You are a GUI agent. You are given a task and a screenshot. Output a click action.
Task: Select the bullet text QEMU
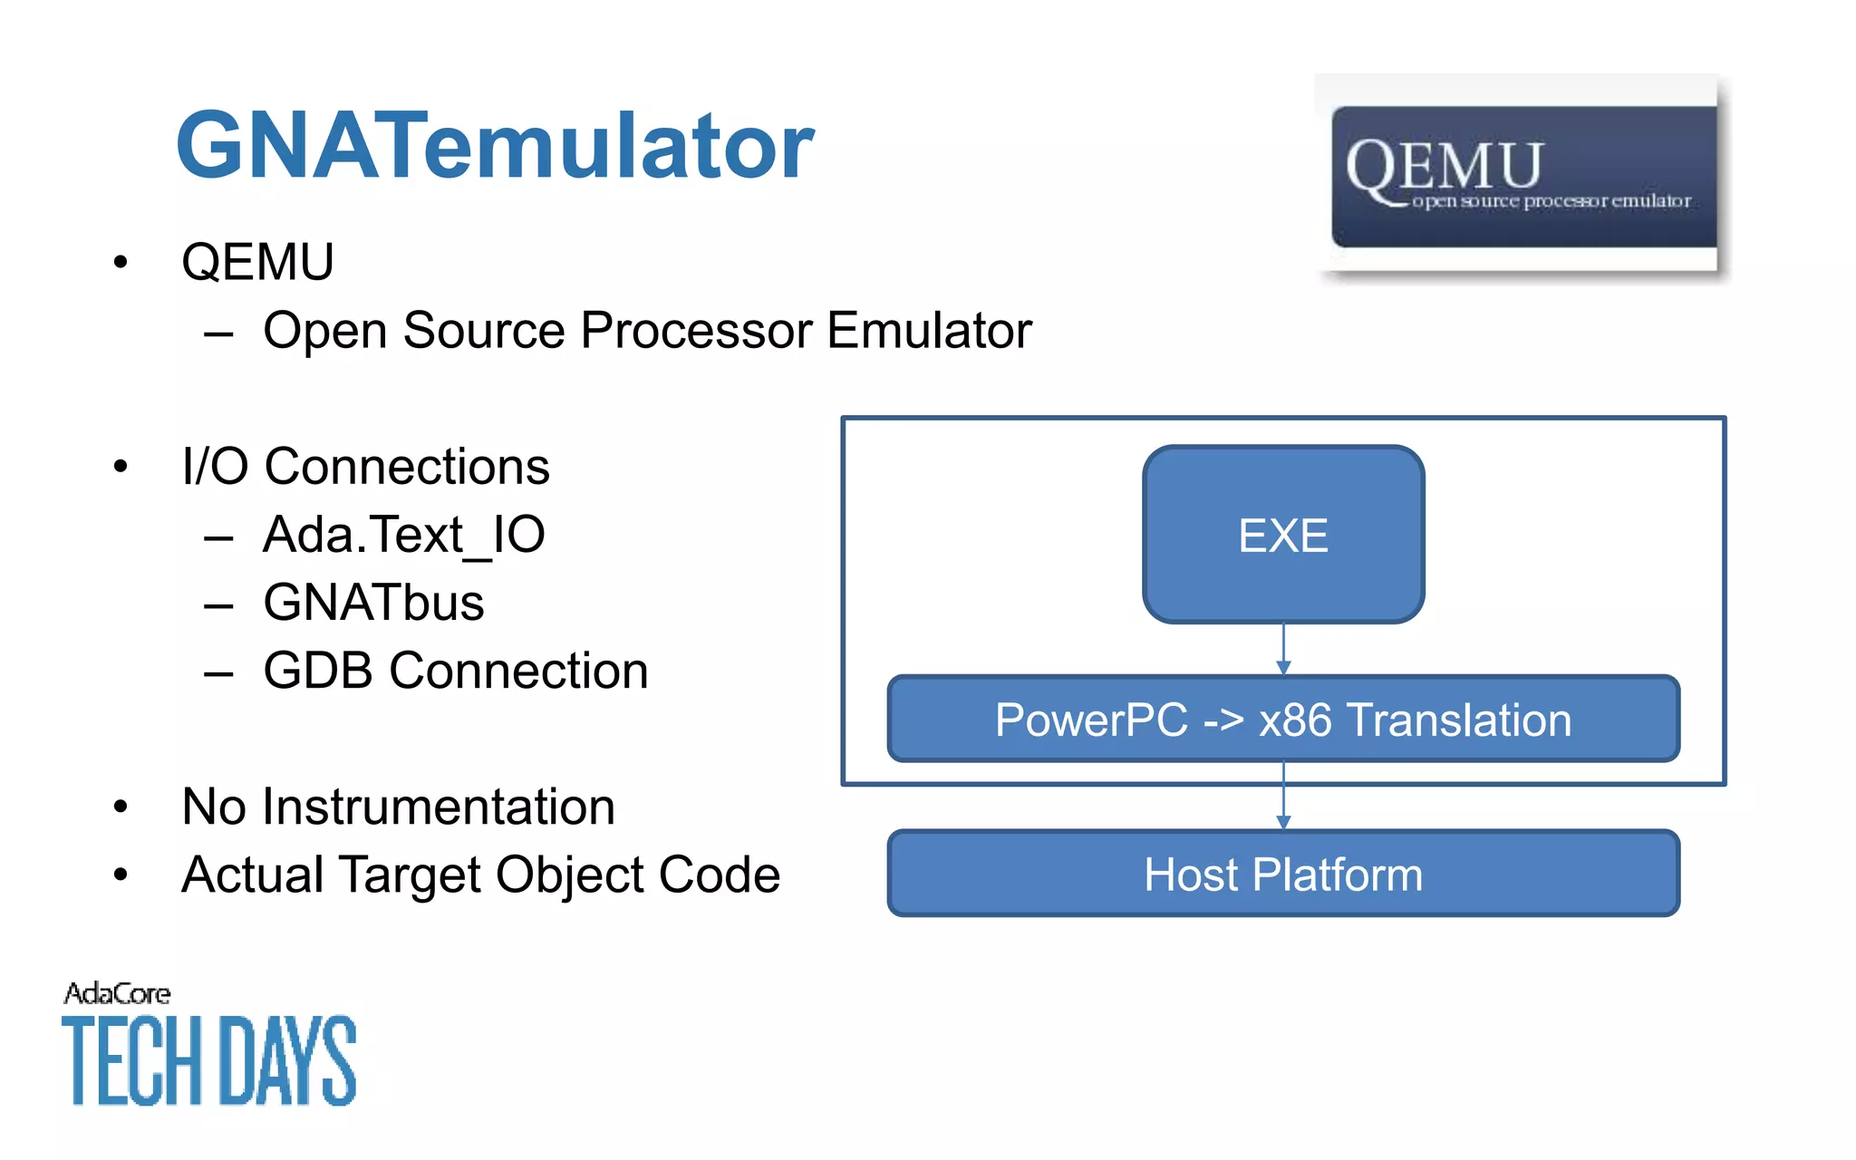[257, 263]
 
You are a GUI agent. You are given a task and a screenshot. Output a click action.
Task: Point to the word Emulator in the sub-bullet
[929, 331]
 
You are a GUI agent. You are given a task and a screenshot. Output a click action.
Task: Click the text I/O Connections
[365, 468]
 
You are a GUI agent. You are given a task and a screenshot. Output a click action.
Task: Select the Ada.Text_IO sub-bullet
[403, 535]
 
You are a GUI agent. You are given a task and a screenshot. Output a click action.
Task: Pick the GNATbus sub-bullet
[373, 603]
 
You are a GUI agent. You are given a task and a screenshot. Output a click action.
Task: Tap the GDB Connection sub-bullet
[455, 672]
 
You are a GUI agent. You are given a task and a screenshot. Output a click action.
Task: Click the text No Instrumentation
[398, 807]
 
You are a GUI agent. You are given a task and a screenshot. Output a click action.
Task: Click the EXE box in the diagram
[1283, 535]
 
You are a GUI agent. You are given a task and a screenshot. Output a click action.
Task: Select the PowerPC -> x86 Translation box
[1283, 720]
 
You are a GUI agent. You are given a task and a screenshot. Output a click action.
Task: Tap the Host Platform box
[1283, 875]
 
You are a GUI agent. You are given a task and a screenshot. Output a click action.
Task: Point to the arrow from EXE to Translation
[1283, 649]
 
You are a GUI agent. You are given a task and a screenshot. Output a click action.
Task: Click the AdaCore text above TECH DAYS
[117, 994]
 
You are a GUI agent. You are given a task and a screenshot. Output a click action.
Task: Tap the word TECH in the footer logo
[131, 1060]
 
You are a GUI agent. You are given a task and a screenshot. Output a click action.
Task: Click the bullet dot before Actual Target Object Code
[121, 875]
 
